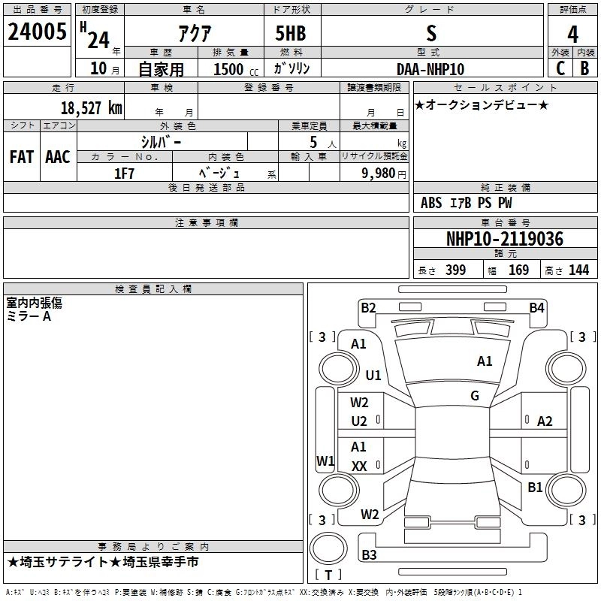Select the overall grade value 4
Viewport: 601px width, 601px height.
pyautogui.click(x=573, y=33)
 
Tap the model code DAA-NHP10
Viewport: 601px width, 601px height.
pyautogui.click(x=430, y=68)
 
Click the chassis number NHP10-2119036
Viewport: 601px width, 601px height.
pyautogui.click(x=504, y=239)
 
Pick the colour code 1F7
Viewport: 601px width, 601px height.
pyautogui.click(x=124, y=172)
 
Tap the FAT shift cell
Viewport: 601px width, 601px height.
pyautogui.click(x=22, y=157)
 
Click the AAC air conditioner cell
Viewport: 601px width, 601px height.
pyautogui.click(x=58, y=157)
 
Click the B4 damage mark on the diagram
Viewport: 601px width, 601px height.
pyautogui.click(x=536, y=307)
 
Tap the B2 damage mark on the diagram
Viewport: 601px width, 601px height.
pyautogui.click(x=368, y=307)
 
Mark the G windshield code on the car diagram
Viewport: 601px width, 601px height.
pyautogui.click(x=475, y=396)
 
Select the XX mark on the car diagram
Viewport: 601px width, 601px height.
pyautogui.click(x=359, y=466)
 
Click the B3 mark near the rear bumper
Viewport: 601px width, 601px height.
pyautogui.click(x=369, y=555)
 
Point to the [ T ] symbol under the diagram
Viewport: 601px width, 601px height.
pyautogui.click(x=328, y=575)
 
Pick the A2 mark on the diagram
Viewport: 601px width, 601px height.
pyautogui.click(x=545, y=421)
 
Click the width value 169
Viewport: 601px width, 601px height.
pyautogui.click(x=518, y=270)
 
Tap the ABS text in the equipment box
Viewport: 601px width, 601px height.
pyautogui.click(x=431, y=203)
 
